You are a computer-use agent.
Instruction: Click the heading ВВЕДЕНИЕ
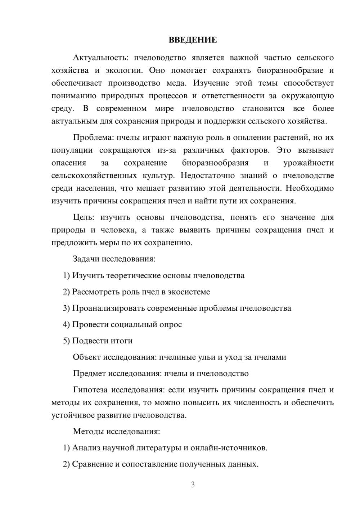pos(193,40)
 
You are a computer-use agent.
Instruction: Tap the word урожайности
pos(309,163)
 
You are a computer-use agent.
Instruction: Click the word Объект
pos(87,357)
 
